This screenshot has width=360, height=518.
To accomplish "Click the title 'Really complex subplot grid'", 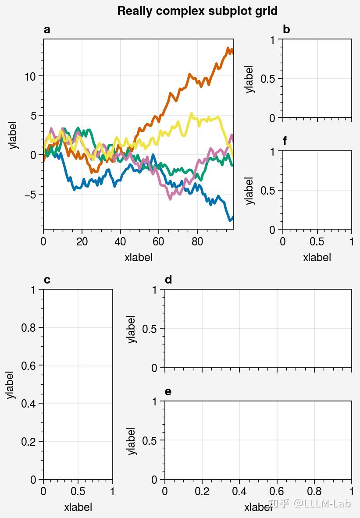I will [x=197, y=11].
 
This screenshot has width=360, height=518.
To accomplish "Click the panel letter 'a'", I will [x=47, y=30].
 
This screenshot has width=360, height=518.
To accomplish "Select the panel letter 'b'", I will [x=286, y=30].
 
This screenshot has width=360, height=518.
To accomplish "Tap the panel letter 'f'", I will [x=285, y=141].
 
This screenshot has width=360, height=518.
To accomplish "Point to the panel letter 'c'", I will [x=47, y=280].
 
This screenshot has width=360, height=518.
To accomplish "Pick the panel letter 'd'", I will [x=168, y=280].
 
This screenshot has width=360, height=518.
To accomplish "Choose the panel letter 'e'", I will [x=168, y=392].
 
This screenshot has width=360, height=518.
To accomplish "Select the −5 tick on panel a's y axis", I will [x=30, y=194].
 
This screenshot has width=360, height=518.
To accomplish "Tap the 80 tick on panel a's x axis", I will [x=197, y=242].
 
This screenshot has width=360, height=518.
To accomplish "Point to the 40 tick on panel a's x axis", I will [x=120, y=242].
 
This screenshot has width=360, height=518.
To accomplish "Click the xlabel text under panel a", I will [x=139, y=258].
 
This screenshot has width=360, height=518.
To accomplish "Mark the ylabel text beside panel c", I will [x=10, y=385].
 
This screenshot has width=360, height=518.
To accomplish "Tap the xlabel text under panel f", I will [x=317, y=258].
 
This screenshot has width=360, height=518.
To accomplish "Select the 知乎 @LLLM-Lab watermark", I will [x=310, y=504].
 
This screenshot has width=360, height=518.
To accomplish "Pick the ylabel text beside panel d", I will [x=132, y=329].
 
